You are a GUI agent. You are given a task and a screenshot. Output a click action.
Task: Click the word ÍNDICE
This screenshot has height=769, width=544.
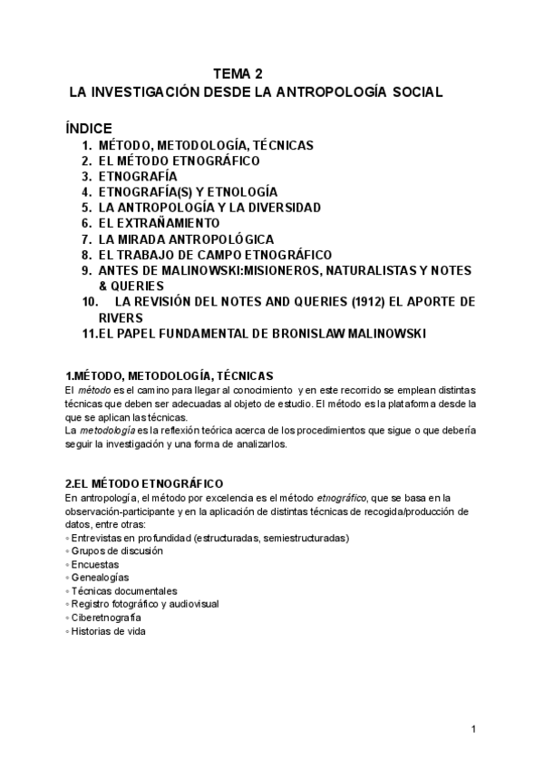(89, 129)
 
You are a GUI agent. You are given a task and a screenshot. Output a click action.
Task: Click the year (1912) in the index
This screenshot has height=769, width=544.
(355, 302)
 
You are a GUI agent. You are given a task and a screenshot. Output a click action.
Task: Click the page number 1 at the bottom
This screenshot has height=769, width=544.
(474, 730)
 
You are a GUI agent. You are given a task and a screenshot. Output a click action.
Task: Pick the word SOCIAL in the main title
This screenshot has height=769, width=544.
(413, 92)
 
